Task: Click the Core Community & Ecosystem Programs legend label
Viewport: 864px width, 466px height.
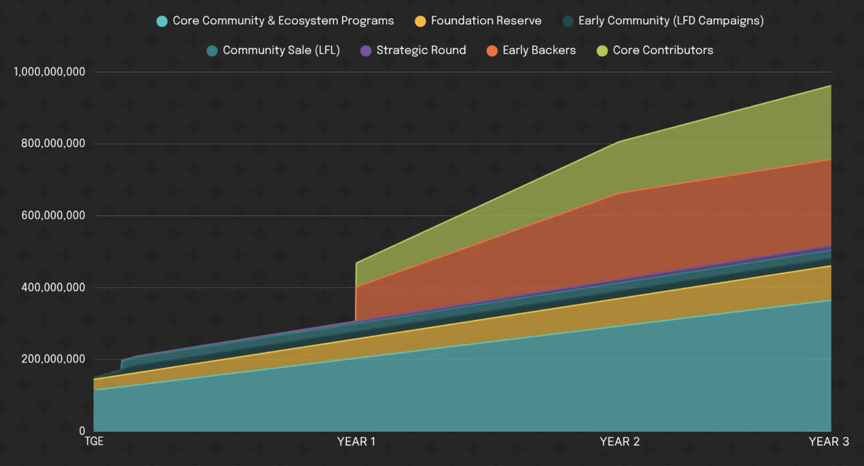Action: [283, 21]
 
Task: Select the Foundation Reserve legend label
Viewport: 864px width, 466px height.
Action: [486, 21]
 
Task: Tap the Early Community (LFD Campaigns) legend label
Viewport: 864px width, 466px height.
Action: [671, 21]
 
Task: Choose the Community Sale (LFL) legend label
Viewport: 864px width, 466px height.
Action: [281, 50]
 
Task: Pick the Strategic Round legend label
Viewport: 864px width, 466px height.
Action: [420, 50]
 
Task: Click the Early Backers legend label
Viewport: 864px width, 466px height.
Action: [539, 50]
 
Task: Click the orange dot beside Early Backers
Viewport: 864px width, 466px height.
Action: [492, 50]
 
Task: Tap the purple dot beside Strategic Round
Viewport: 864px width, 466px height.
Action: [366, 50]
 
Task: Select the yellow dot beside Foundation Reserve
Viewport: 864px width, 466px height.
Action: [420, 21]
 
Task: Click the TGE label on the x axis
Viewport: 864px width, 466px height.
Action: [94, 442]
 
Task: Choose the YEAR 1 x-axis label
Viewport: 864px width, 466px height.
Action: [356, 442]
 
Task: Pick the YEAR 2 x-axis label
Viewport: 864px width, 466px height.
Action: [619, 442]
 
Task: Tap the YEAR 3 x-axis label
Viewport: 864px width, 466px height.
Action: [829, 442]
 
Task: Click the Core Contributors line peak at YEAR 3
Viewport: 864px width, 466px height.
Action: [831, 86]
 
